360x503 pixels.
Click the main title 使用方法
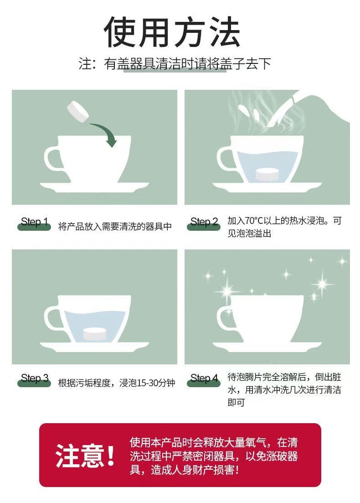[x=172, y=32]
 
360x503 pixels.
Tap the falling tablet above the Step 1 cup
[x=78, y=111]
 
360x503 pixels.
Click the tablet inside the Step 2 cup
[x=267, y=174]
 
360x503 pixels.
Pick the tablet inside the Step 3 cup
[x=94, y=334]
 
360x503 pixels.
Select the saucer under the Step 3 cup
[x=94, y=347]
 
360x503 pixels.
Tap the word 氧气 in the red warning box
[x=256, y=443]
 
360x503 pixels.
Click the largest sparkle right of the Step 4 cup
[x=322, y=284]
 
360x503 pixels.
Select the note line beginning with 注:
[x=175, y=63]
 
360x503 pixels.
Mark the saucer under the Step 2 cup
[x=267, y=187]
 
